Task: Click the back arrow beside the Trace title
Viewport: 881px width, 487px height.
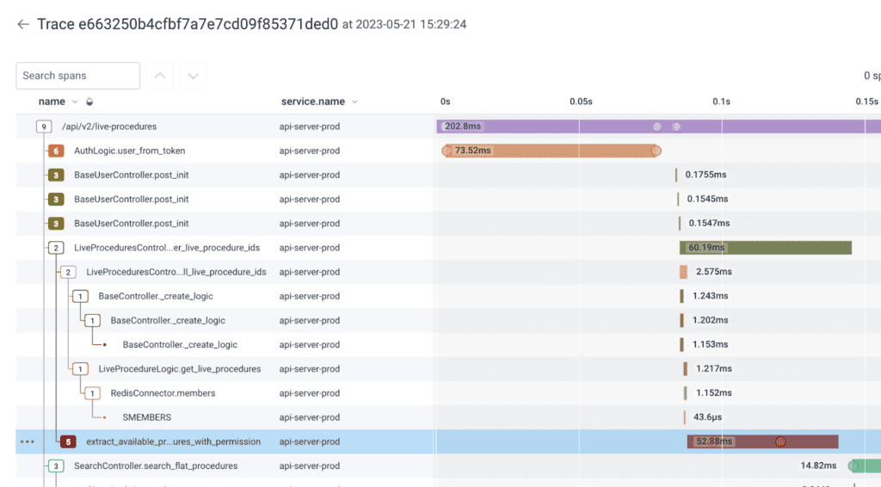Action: (x=23, y=24)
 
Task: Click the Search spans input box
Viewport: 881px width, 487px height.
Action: (x=77, y=76)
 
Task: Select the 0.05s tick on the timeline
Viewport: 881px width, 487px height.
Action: (x=581, y=102)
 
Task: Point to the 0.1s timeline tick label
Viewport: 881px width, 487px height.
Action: (x=721, y=102)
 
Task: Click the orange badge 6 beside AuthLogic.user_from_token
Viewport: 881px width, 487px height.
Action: (x=56, y=151)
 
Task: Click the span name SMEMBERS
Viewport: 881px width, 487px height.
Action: (x=147, y=417)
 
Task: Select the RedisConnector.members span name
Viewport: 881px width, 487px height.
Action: (x=163, y=393)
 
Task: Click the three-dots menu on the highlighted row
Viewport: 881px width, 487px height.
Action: (x=28, y=441)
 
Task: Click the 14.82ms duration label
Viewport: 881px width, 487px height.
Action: (x=818, y=465)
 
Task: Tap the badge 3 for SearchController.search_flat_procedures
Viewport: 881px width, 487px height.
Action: (x=56, y=465)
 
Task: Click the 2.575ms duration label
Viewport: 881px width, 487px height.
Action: (x=714, y=272)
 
